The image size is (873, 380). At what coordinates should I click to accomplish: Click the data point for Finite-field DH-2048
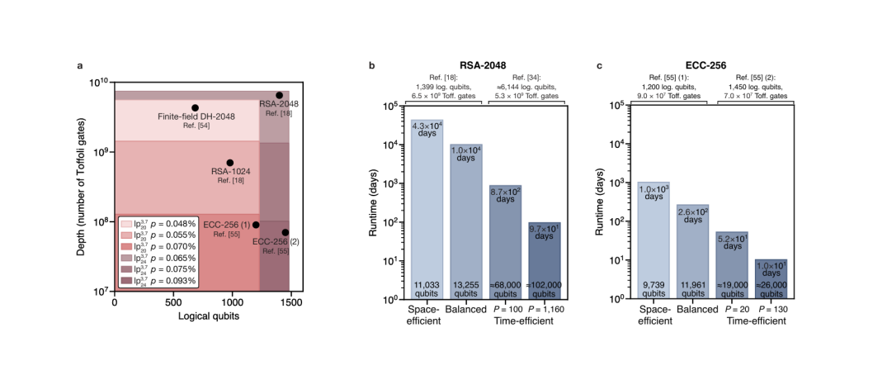195,107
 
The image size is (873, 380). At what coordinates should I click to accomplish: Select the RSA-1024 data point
230,163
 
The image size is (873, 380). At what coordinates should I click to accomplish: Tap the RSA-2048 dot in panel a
279,95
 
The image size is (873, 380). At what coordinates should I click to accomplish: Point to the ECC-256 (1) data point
256,225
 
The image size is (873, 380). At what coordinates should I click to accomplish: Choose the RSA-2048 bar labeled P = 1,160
544,260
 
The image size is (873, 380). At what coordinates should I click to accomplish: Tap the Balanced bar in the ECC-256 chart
691,252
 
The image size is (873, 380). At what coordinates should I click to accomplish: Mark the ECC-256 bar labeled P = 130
772,279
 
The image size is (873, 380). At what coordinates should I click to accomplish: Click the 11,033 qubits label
428,288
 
